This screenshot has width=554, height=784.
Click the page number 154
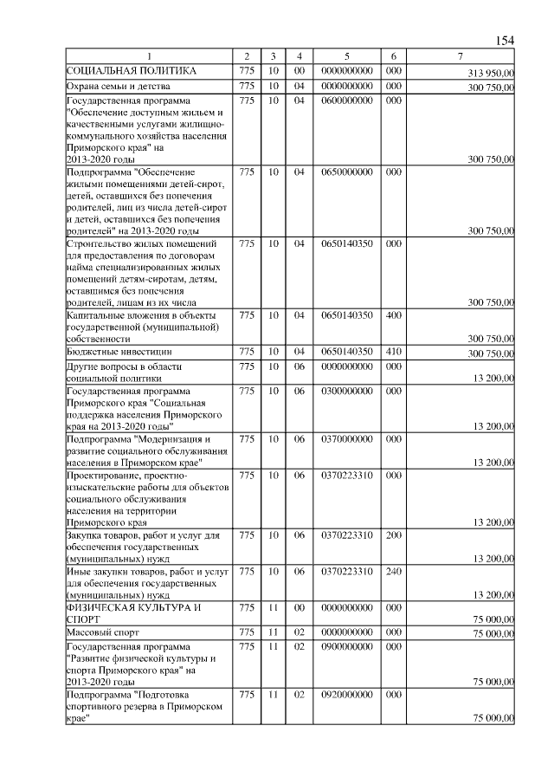tap(505, 41)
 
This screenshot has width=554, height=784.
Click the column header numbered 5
tap(346, 56)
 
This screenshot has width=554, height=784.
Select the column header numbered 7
tap(461, 56)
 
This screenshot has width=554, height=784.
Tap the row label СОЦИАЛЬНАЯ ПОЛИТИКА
tap(132, 70)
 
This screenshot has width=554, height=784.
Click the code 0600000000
tap(346, 101)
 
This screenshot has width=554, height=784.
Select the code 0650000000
tap(346, 172)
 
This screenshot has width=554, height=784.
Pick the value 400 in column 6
tap(393, 314)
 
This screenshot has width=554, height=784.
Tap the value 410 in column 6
tap(393, 352)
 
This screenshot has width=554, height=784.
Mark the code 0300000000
tap(346, 392)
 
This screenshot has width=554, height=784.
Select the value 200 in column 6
tap(393, 535)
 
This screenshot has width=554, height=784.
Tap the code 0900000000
tap(346, 646)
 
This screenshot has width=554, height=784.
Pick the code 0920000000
tap(346, 695)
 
